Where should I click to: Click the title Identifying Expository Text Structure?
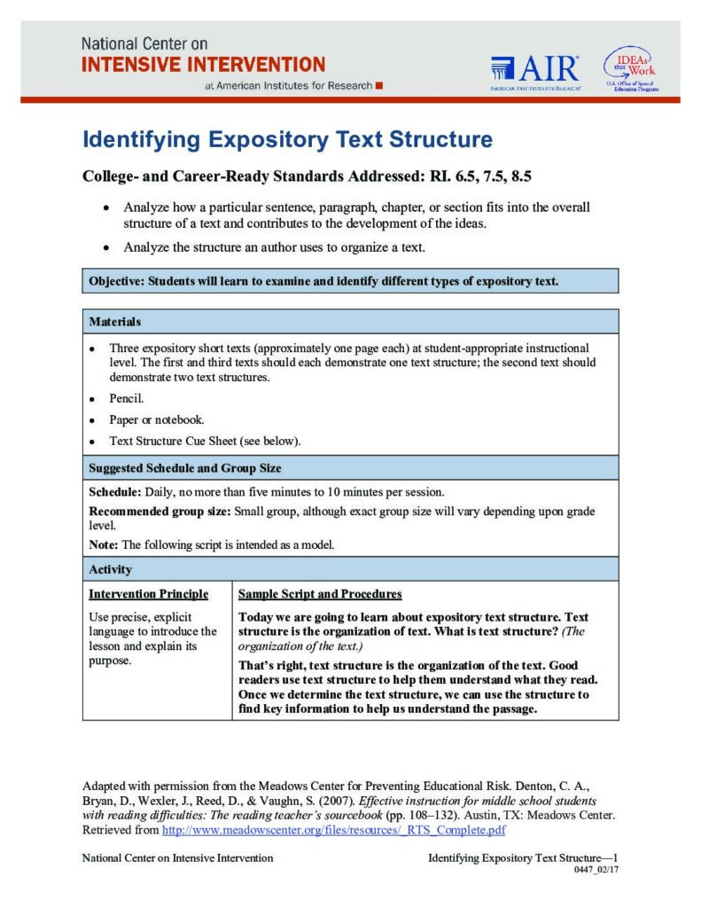(x=287, y=140)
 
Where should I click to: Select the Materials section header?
(x=115, y=321)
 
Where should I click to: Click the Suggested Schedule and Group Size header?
(x=185, y=467)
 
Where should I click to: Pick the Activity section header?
(x=111, y=569)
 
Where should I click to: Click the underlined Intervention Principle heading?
(x=149, y=593)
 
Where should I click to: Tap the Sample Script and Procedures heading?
(x=320, y=593)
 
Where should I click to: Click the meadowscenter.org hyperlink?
(x=333, y=831)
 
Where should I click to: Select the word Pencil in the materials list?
(x=126, y=398)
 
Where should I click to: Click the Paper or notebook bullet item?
(x=156, y=419)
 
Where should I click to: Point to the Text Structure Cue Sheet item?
(x=204, y=441)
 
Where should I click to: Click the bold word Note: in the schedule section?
(x=104, y=544)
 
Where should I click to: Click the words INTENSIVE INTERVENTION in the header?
(x=203, y=64)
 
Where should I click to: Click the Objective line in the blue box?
(x=323, y=282)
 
